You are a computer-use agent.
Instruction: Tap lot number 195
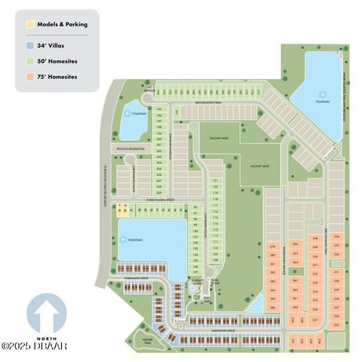click(159, 109)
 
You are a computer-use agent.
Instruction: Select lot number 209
click(159, 193)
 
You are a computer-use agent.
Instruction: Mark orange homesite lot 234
click(336, 236)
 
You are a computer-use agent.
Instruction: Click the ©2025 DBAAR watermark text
click(34, 347)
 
